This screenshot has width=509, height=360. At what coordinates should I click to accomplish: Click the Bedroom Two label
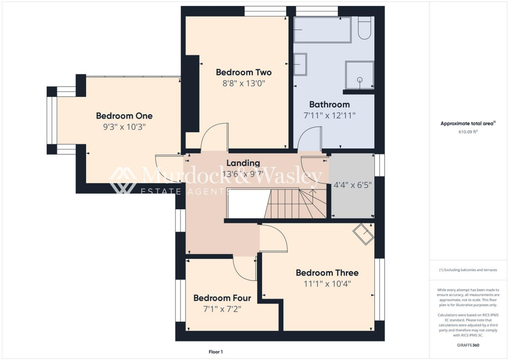(x=244, y=73)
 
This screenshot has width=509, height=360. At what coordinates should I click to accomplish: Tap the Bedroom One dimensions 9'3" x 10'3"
(x=124, y=127)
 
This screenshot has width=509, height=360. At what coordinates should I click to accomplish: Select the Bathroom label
(x=329, y=104)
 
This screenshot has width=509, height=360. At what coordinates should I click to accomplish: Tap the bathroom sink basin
(x=300, y=65)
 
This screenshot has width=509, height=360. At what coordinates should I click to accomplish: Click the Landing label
(x=243, y=163)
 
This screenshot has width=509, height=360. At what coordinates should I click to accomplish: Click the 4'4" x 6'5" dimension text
(x=353, y=185)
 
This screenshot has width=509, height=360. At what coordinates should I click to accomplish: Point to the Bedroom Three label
(x=327, y=272)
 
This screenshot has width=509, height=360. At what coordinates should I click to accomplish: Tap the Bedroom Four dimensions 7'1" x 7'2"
(x=222, y=309)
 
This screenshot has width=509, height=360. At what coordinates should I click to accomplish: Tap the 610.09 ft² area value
(x=469, y=132)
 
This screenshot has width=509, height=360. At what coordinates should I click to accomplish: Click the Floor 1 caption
(x=216, y=352)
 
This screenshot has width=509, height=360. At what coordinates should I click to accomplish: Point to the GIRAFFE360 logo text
(x=469, y=345)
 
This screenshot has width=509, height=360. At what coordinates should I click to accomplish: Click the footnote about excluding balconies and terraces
(x=469, y=270)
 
